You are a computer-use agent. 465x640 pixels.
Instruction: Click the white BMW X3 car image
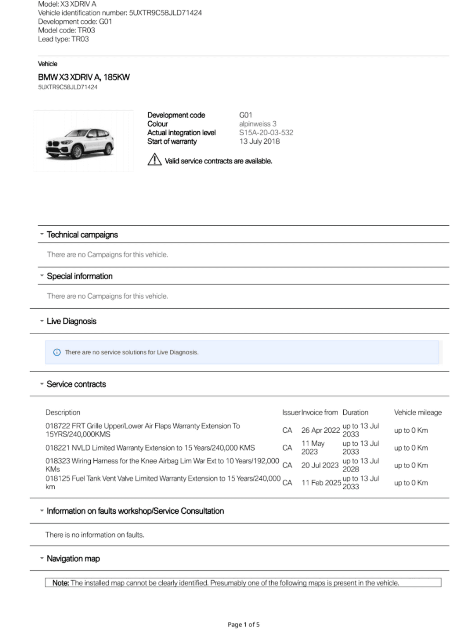click(80, 143)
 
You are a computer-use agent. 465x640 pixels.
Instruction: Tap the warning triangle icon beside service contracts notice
click(154, 159)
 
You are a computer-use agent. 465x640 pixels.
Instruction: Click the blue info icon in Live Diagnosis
click(57, 352)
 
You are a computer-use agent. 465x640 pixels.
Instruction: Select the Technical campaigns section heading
click(82, 235)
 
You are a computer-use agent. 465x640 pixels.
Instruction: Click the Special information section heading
click(79, 276)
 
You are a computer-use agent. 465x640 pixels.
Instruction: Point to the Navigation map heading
click(73, 559)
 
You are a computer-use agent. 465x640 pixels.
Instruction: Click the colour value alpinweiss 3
click(258, 124)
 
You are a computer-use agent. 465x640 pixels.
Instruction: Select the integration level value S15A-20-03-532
click(266, 132)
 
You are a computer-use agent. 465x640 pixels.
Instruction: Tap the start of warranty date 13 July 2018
click(259, 141)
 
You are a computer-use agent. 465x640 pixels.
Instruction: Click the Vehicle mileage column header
click(418, 413)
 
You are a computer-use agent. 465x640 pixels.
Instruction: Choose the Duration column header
click(355, 413)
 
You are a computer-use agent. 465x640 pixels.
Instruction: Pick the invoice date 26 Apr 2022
click(320, 430)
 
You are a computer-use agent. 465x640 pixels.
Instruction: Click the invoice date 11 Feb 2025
click(321, 483)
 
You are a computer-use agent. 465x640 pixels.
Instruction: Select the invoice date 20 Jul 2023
click(320, 465)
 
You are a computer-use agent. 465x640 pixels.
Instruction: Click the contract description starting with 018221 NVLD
click(150, 448)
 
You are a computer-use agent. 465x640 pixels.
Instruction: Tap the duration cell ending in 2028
click(360, 465)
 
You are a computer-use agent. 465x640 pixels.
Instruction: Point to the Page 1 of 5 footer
click(243, 625)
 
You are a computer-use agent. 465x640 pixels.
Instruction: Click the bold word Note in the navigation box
click(60, 583)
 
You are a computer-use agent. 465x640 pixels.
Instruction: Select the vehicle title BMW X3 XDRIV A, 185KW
click(84, 77)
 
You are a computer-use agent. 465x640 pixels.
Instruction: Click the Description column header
click(63, 413)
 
